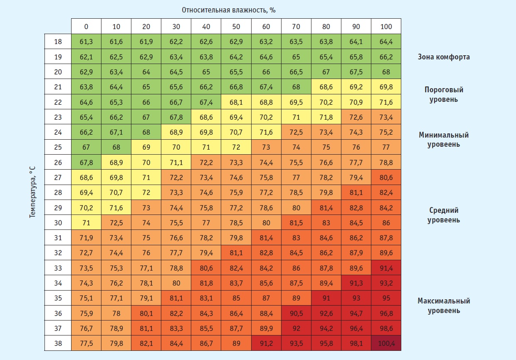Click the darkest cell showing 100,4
pos(386,343)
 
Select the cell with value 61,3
pos(86,42)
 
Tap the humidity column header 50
pos(236,26)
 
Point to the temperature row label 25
pos(58,147)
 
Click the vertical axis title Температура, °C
pos(33,192)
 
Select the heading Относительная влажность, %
pos(229,10)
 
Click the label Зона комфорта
pos(444,57)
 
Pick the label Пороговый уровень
pos(444,94)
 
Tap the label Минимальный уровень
pos(444,140)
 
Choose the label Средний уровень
pos(444,215)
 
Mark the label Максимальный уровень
pos(444,306)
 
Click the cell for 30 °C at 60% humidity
pos(266,222)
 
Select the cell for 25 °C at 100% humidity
pos(386,147)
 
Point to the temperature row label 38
pos(58,343)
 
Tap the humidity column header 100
pos(386,26)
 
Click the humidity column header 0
pos(86,26)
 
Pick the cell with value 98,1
pos(356,343)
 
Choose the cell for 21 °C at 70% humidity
pos(296,87)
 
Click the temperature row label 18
pos(58,42)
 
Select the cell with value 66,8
pos(236,87)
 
